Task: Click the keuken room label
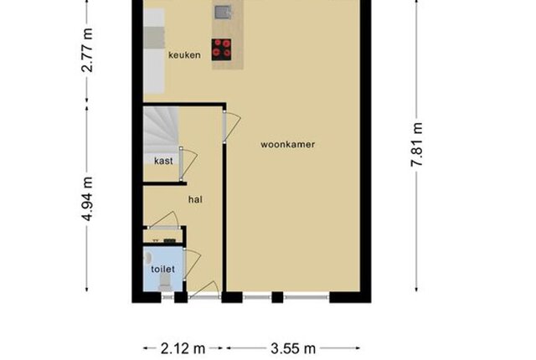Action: point(184,55)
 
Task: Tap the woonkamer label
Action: point(288,145)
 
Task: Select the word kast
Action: point(163,161)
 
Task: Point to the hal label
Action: point(195,199)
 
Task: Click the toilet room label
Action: point(163,269)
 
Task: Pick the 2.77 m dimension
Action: point(87,50)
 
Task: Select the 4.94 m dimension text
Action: point(87,198)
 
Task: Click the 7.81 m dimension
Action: point(417,145)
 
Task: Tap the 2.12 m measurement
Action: point(183,349)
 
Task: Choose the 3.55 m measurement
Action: point(293,349)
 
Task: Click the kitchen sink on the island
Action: point(224,13)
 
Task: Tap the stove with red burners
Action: point(221,49)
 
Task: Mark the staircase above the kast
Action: point(161,130)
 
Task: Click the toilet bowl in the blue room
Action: point(166,282)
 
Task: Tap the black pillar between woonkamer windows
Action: point(277,297)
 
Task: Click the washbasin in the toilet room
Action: point(147,257)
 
